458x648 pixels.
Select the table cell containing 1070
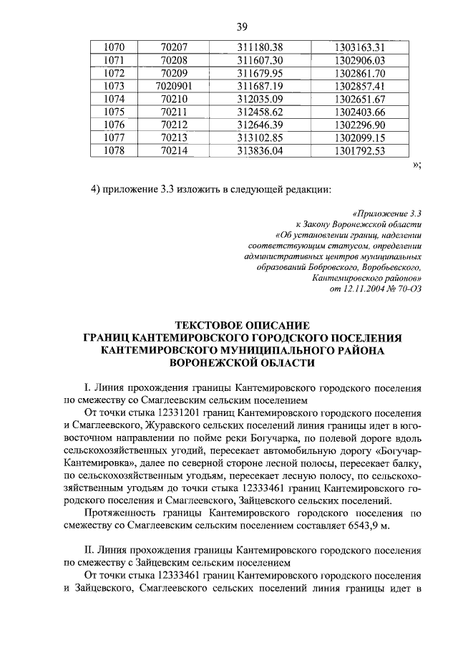pos(114,47)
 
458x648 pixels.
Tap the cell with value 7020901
pos(175,85)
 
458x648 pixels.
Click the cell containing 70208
pos(175,59)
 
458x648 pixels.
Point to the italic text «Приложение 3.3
pos(388,213)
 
